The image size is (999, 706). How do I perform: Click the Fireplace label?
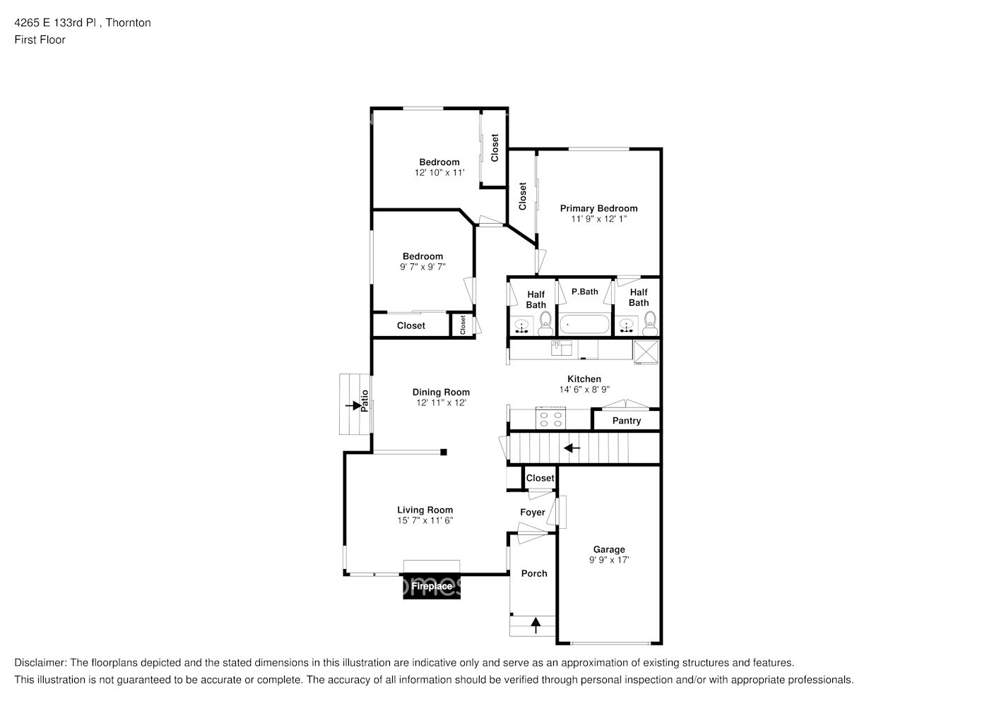(431, 586)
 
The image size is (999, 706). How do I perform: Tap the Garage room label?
(609, 549)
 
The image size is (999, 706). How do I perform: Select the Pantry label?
(626, 421)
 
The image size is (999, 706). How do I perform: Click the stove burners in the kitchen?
(550, 419)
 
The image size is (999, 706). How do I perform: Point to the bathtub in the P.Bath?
(585, 325)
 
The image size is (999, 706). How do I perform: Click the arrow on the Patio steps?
(353, 405)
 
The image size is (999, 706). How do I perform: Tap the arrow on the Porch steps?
(536, 626)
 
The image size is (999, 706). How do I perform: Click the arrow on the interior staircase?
(572, 448)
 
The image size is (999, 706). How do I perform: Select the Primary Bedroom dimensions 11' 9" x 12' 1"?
(598, 219)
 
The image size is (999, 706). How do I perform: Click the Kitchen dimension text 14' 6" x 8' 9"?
(584, 390)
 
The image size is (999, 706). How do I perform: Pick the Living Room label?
(425, 510)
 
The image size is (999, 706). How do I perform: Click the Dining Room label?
(441, 393)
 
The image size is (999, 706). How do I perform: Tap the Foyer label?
(533, 513)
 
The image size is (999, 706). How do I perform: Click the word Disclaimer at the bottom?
(40, 663)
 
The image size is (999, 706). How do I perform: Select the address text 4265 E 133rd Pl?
(55, 23)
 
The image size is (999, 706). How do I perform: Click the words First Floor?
(40, 40)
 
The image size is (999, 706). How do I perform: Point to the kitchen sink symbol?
(562, 347)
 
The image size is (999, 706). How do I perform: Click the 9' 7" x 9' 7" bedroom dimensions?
(422, 267)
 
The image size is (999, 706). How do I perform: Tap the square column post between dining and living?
(443, 452)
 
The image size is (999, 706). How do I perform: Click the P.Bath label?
(585, 292)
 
